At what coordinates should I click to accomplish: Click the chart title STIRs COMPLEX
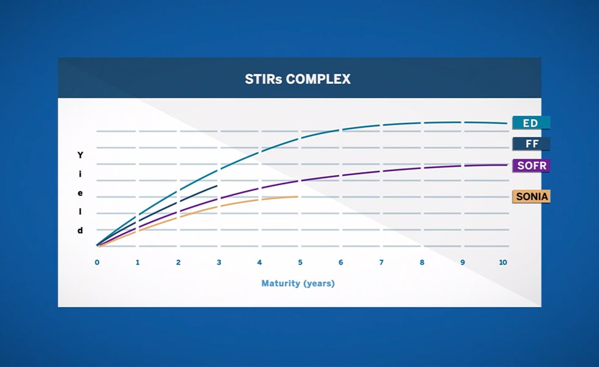tap(299, 80)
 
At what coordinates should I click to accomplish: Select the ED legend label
tap(531, 123)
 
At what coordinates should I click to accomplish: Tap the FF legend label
tap(531, 144)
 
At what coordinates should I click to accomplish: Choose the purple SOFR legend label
tap(531, 166)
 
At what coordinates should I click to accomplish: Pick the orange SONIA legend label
tap(531, 196)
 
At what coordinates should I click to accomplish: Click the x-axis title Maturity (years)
tap(298, 283)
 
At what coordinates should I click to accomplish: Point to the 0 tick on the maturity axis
tap(97, 262)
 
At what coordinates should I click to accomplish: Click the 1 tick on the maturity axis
tap(138, 262)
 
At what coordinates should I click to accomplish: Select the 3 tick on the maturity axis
tap(219, 262)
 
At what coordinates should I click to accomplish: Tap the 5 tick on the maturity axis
tap(300, 262)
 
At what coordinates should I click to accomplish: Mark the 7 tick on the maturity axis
tap(381, 262)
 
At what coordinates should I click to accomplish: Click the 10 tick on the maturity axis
tap(503, 262)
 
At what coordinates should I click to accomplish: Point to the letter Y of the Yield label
tap(80, 155)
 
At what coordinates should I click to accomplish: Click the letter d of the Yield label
tap(80, 231)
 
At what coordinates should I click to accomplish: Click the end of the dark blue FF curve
tap(218, 185)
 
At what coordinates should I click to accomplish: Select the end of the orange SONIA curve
tap(298, 196)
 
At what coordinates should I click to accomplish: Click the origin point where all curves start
tap(97, 246)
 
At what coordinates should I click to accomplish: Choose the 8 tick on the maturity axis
tap(422, 262)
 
